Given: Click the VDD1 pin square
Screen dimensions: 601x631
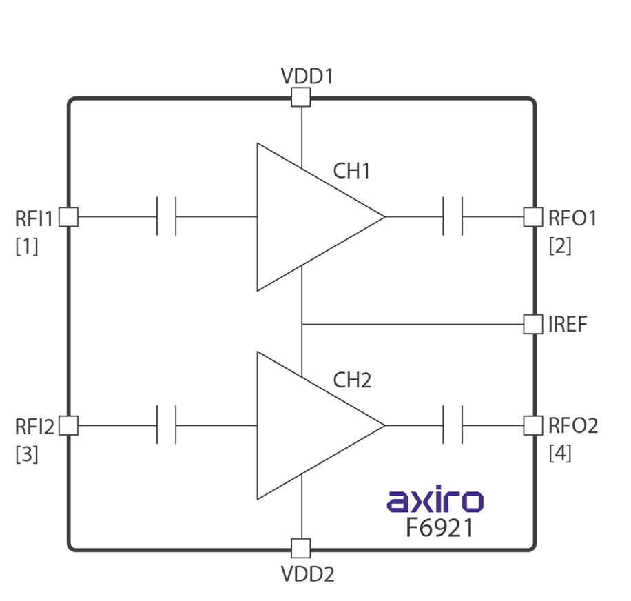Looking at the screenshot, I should [x=300, y=97].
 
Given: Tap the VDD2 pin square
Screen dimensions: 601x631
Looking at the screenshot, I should [x=300, y=548].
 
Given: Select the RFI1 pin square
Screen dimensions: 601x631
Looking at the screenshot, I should [x=68, y=217].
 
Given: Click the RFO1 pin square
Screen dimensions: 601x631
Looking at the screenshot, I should [x=532, y=217].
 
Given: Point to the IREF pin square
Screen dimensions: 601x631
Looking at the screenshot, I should [x=532, y=324].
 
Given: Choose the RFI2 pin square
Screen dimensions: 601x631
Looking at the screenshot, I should [x=68, y=425].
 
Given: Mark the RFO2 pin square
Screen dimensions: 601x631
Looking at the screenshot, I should [x=532, y=425].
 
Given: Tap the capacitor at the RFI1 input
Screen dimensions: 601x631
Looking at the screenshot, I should [x=167, y=217].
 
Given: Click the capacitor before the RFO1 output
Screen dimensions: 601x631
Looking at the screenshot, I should [x=453, y=217].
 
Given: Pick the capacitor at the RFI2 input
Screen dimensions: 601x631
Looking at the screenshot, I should [x=167, y=425].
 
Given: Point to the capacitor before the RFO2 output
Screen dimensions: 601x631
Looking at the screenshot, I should [x=453, y=425].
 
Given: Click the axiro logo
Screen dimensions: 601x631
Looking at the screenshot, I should [x=435, y=500].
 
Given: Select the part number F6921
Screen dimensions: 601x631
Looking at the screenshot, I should [x=439, y=528].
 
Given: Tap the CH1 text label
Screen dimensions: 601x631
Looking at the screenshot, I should [x=352, y=171].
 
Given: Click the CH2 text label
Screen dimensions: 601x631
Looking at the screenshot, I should [x=352, y=380].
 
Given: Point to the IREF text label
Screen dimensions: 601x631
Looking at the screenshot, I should [x=568, y=325].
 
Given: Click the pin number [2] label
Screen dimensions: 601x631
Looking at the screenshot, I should [x=560, y=245].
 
